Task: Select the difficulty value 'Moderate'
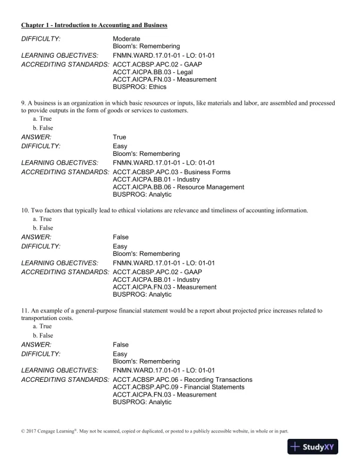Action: (x=127, y=38)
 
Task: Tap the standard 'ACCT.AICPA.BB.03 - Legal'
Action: (x=145, y=72)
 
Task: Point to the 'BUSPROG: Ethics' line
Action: (x=140, y=86)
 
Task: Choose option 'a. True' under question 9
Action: (x=43, y=119)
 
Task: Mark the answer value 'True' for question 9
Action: (x=119, y=137)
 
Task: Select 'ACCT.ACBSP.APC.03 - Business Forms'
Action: (x=171, y=172)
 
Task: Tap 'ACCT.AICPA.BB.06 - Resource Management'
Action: (x=178, y=187)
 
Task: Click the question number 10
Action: (x=25, y=210)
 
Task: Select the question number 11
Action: (x=25, y=310)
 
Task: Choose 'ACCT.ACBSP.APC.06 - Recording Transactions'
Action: (x=182, y=380)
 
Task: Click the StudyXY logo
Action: (x=317, y=447)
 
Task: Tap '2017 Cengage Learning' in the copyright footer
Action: (x=48, y=431)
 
